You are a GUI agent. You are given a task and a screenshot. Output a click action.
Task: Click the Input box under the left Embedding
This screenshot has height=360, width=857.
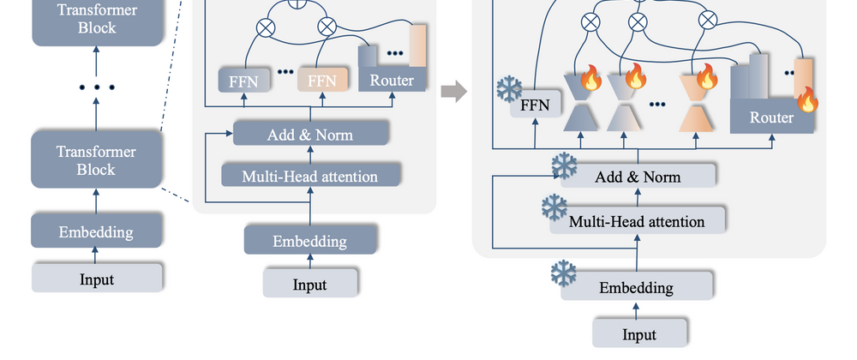(96, 279)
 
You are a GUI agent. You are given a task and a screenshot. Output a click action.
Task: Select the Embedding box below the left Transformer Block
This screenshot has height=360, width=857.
(96, 231)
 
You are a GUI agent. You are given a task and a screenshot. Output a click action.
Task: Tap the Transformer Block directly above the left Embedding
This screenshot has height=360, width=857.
(96, 159)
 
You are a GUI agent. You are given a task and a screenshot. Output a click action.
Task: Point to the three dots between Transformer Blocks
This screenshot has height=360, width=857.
(96, 87)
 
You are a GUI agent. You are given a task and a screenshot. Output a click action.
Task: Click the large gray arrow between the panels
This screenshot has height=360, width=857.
(454, 90)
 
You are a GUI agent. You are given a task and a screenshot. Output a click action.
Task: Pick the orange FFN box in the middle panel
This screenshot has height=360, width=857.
(322, 81)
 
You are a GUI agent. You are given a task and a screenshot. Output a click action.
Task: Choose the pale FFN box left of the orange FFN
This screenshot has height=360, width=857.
(244, 81)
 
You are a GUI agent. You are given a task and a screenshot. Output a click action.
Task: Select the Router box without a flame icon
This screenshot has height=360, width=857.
(392, 81)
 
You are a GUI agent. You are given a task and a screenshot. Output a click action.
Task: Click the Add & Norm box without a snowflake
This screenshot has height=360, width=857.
(310, 134)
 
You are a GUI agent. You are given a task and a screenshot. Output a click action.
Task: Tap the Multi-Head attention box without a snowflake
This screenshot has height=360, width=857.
(310, 177)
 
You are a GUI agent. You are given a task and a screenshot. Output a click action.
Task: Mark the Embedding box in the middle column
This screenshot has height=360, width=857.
(310, 241)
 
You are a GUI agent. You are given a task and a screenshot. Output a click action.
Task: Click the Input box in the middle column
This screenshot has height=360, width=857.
(310, 285)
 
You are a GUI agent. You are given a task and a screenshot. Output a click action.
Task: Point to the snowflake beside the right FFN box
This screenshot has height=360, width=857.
(510, 88)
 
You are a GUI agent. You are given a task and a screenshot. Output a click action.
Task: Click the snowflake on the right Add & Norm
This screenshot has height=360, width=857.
(566, 165)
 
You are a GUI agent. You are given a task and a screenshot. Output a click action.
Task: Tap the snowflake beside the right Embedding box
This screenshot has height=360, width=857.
(565, 273)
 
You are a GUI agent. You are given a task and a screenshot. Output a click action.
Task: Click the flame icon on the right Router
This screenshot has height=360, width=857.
(807, 101)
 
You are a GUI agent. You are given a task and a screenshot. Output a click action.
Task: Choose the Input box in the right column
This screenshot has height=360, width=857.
(639, 333)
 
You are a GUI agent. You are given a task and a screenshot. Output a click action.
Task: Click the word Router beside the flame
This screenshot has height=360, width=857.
(771, 117)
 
